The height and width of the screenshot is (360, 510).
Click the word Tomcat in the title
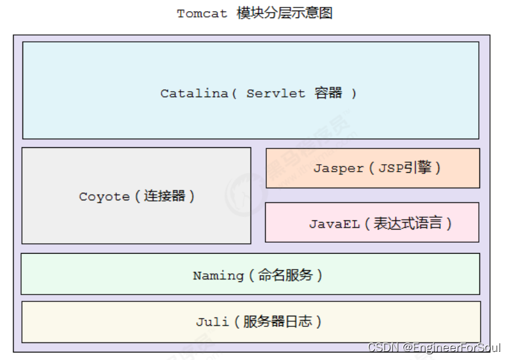coord(202,14)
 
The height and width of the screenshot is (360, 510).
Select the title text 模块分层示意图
coord(285,13)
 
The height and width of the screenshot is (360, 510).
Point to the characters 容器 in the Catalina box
coord(329,94)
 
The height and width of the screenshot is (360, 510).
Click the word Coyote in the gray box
coord(104,197)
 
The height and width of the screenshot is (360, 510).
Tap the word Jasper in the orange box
coord(339,168)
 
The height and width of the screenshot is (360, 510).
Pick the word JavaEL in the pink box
coord(335,224)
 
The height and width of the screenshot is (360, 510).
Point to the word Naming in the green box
coord(218,275)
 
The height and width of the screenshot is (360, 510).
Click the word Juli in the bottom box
coord(213,322)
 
